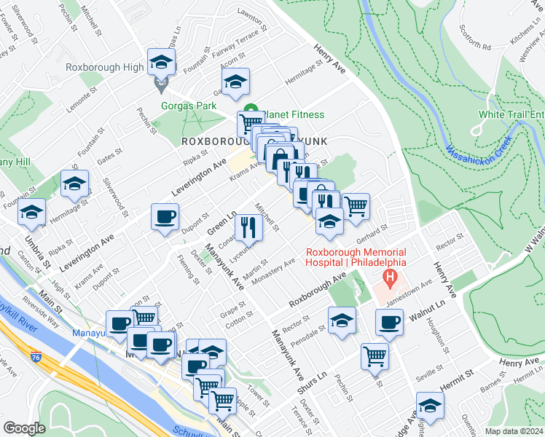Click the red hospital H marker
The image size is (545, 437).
pyautogui.click(x=391, y=277)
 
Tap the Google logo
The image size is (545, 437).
pyautogui.click(x=24, y=428)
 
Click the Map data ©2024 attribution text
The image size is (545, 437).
pyautogui.click(x=514, y=431)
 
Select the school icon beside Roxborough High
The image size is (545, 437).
pyautogui.click(x=161, y=62)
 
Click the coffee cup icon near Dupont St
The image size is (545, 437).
pyautogui.click(x=165, y=217)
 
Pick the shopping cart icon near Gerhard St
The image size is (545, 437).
pyautogui.click(x=356, y=206)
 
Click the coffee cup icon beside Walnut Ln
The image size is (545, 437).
pyautogui.click(x=390, y=323)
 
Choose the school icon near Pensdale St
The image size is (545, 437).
pyautogui.click(x=342, y=321)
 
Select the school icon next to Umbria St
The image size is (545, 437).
pyautogui.click(x=32, y=213)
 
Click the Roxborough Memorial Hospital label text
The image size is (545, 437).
pyautogui.click(x=355, y=256)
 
